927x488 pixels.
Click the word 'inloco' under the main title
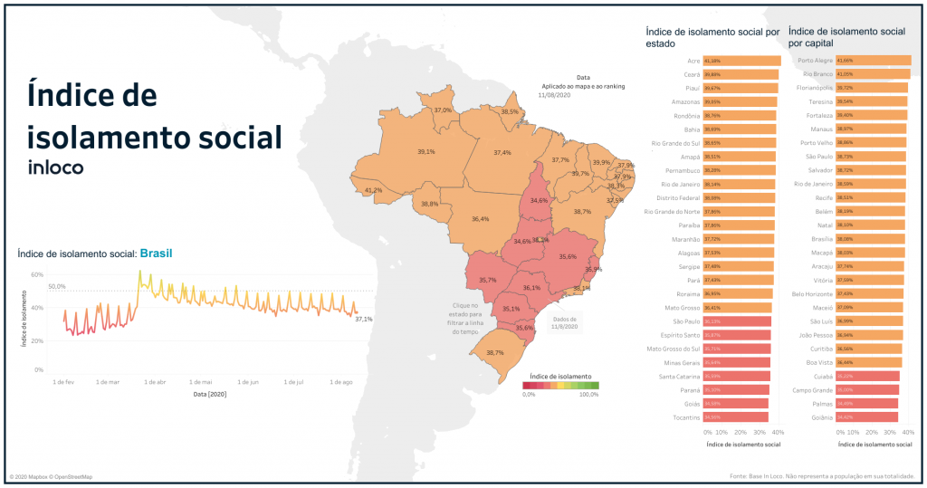[56, 167]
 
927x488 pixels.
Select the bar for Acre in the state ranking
[741, 61]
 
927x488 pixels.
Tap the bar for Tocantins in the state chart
[735, 416]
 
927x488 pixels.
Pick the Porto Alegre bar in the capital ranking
[854, 61]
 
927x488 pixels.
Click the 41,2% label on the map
[372, 191]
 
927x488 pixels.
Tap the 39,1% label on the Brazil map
[425, 152]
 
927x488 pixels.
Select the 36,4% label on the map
[480, 219]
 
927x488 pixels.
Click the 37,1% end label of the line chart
[363, 320]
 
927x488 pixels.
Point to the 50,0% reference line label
[57, 286]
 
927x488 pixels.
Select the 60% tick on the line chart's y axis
[37, 274]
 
